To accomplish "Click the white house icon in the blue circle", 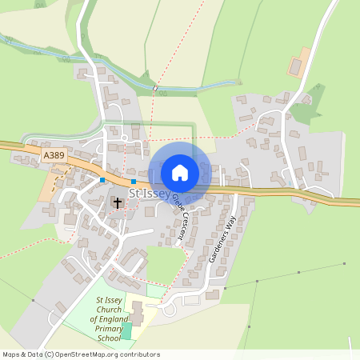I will [180, 172].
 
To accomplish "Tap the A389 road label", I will [54, 154].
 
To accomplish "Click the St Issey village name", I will [149, 192].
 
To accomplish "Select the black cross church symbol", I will [118, 202].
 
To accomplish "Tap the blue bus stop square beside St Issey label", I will [133, 182].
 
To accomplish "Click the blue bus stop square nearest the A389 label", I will [103, 180].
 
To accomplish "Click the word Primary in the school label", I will [108, 329].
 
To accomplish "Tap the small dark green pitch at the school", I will [127, 331].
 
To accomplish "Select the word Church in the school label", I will [109, 310].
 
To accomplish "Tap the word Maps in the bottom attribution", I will [10, 354].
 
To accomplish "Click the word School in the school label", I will [109, 338].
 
